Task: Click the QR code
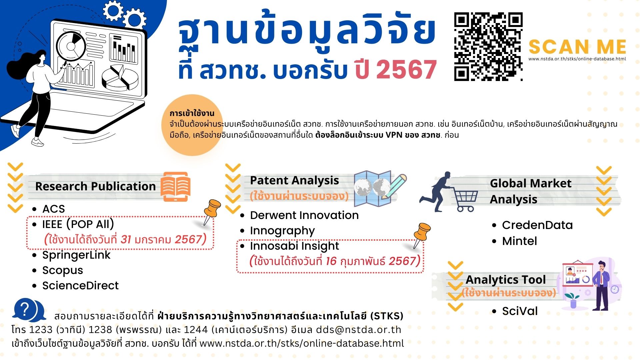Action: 488,47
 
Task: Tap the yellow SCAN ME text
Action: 577,47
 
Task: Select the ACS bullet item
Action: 53,209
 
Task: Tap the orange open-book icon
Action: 175,187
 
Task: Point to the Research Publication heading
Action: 95,186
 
